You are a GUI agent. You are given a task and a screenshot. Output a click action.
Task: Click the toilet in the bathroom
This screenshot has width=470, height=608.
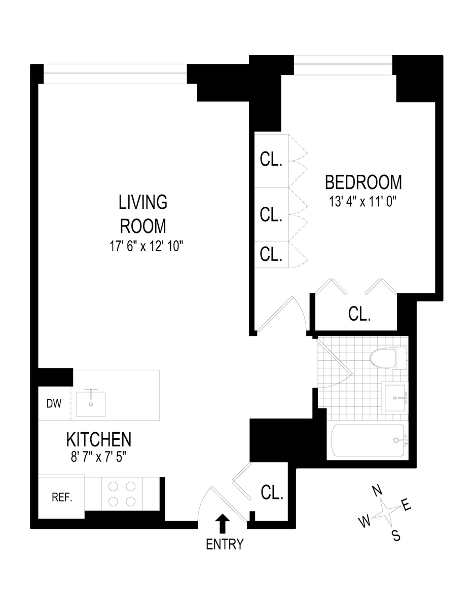pos(388,358)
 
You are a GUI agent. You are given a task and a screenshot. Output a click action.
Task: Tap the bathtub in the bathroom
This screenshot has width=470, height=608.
pos(368,440)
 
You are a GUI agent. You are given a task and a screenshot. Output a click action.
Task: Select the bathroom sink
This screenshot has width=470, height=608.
pos(395,398)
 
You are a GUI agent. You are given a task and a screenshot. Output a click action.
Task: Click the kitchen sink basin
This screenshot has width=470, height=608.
pos(91,404)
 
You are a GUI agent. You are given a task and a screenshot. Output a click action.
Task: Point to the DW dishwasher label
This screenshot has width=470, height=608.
pos(54,404)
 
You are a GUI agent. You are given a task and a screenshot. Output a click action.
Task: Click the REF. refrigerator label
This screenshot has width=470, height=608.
pos(62,498)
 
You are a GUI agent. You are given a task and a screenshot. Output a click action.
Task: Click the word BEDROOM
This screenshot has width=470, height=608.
pos(364,182)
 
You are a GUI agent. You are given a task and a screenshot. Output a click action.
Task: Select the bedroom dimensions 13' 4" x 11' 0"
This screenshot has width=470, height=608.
pos(364,201)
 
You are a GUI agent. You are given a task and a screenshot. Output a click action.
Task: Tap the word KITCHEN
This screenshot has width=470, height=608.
pos(99,439)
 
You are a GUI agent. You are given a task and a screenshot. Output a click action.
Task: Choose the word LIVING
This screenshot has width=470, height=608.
pos(143,202)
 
